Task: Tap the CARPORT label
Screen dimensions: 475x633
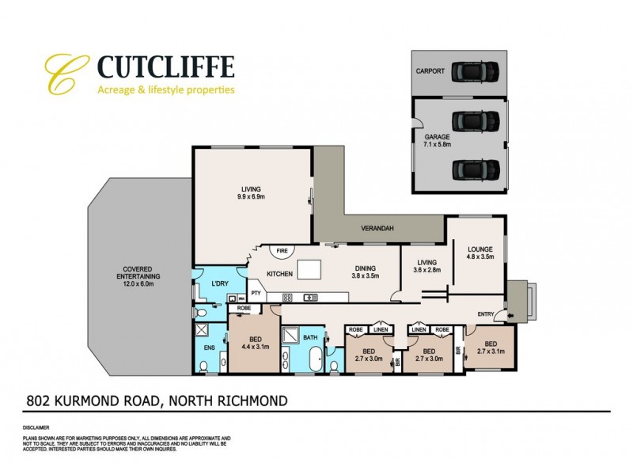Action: [x=431, y=70]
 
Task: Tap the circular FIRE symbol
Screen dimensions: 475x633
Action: [x=281, y=252]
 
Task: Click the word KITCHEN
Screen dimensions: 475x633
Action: [x=280, y=274]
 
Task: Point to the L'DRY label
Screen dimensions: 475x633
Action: [x=219, y=284]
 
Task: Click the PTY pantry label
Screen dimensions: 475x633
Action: [x=256, y=292]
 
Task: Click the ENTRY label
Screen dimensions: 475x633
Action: [x=486, y=315]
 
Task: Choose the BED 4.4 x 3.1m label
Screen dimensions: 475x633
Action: [x=252, y=343]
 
